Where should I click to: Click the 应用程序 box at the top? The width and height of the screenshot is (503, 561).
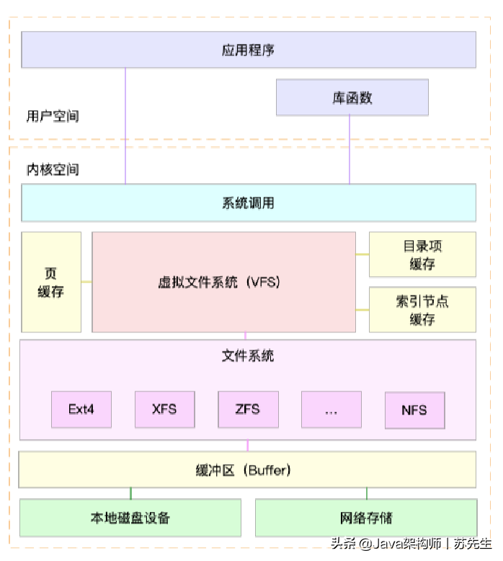coord(249,50)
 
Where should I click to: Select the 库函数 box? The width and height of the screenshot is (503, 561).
coord(352,97)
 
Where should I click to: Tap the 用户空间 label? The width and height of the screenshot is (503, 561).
coord(53,115)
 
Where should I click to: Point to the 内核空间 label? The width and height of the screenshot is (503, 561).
coord(53,169)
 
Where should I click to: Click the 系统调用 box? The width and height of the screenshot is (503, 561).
coord(249,203)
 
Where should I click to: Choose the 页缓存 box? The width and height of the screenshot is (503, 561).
coord(51,282)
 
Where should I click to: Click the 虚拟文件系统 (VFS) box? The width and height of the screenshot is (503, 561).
coord(223,282)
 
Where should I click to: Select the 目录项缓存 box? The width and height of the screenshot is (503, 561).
coord(422,255)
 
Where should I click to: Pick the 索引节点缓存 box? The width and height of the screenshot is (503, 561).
coord(422,309)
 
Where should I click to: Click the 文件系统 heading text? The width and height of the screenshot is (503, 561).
coord(248,355)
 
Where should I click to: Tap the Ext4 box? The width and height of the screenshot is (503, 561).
coord(81,410)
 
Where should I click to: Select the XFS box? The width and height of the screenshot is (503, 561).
coord(164,410)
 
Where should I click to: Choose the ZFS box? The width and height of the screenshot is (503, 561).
coord(248,410)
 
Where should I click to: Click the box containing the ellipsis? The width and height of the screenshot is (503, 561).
coord(331,410)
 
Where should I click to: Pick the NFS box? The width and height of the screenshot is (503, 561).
coord(414,410)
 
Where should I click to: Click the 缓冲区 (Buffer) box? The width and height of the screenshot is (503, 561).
coord(248,470)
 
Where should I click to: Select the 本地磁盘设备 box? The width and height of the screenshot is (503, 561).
coord(130,518)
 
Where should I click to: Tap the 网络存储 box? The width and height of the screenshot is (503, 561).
coord(366,518)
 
